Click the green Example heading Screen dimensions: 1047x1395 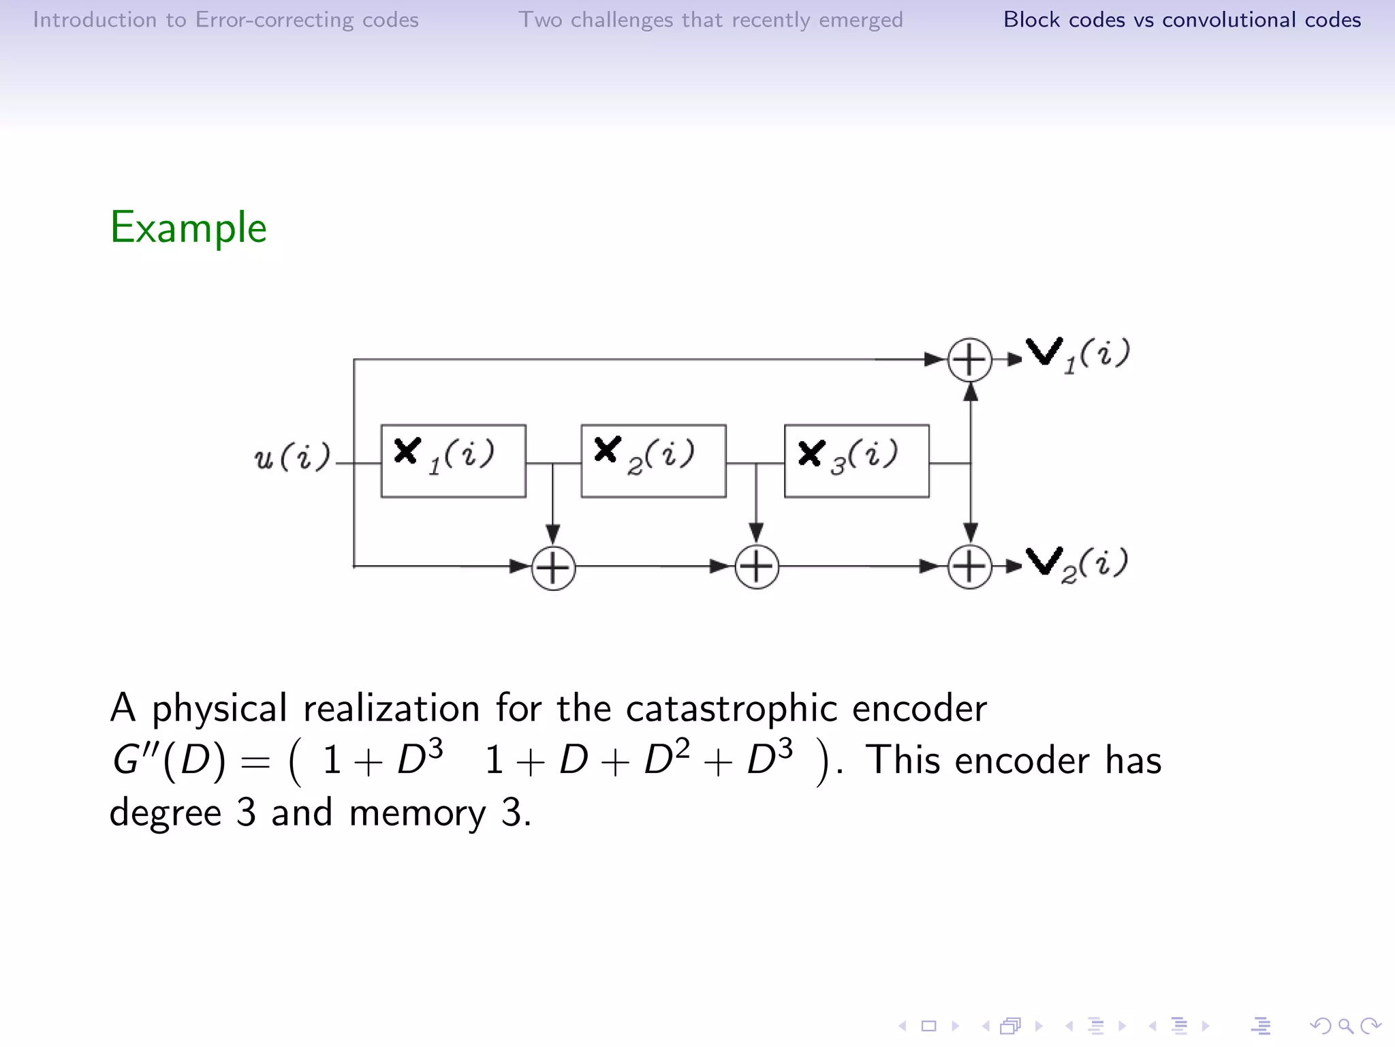(x=189, y=228)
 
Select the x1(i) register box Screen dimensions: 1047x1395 (x=453, y=461)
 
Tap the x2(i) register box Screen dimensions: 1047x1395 (x=653, y=461)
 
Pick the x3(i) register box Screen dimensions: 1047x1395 (x=856, y=461)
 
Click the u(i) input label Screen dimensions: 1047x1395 (x=292, y=456)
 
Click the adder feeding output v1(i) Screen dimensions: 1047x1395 (x=970, y=359)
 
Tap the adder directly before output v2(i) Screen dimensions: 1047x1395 (x=970, y=566)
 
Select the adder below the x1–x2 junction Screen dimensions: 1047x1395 (x=553, y=567)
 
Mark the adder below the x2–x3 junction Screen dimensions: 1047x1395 (x=756, y=566)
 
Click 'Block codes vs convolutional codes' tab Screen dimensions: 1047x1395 (x=1182, y=20)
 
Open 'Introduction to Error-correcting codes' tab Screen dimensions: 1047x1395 (x=225, y=20)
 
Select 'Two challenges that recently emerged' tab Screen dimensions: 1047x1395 (x=710, y=20)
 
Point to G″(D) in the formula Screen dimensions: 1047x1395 (x=168, y=760)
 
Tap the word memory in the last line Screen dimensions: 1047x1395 (x=417, y=813)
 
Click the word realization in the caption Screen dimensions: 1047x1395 (x=391, y=709)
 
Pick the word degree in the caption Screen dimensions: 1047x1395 (x=166, y=813)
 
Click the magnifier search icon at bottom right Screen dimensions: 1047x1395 (x=1345, y=1026)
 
